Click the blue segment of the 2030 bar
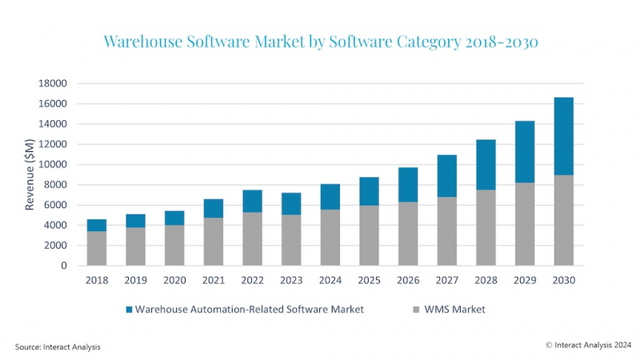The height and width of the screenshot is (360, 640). pos(563,136)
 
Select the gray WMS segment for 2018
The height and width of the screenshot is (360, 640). pos(97,248)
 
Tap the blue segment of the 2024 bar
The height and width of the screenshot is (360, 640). pos(330,197)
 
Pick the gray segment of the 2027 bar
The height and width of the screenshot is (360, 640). pos(446,231)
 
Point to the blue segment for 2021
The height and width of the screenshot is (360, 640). pos(214,208)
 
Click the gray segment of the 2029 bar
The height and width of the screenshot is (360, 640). pos(524,224)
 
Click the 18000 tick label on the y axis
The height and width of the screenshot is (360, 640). pos(54,83)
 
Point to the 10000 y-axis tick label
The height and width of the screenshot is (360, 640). pos(54,165)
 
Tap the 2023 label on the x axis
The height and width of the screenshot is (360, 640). pos(291,280)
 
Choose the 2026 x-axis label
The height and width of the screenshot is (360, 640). pos(408,280)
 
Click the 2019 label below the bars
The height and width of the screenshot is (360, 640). pos(136,280)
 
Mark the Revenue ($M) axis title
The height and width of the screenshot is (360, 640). pos(30,174)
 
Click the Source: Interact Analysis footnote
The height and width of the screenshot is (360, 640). pos(58,346)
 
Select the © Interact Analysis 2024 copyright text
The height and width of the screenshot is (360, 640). pos(586,345)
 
